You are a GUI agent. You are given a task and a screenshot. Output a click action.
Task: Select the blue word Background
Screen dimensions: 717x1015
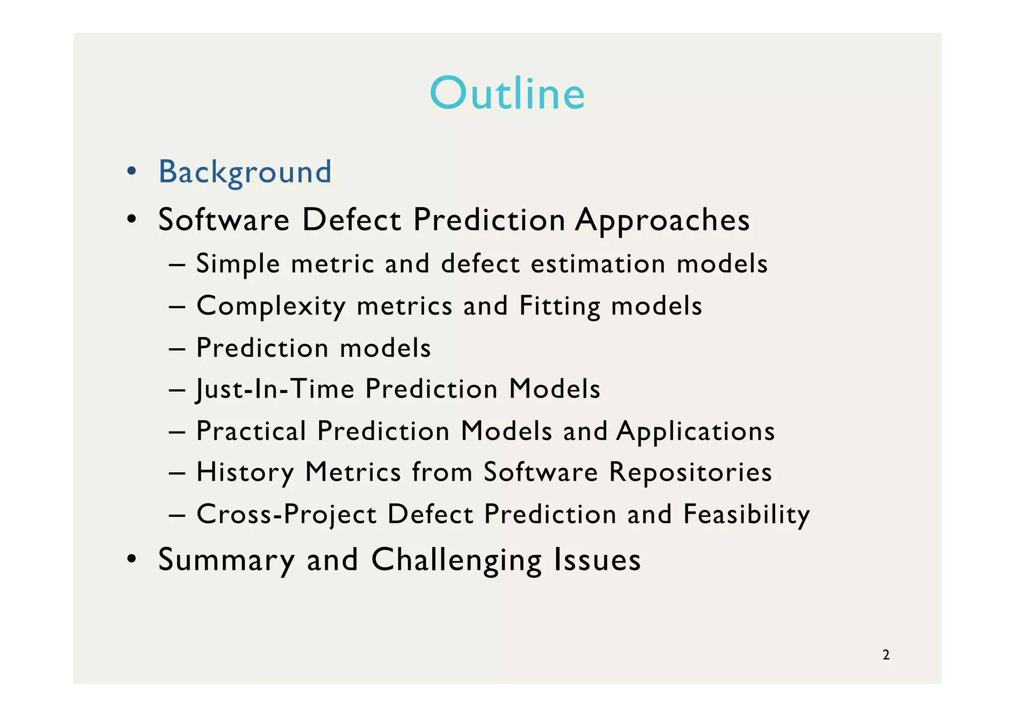[245, 172]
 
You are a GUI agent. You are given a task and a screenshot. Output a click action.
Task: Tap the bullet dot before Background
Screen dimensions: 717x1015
[131, 171]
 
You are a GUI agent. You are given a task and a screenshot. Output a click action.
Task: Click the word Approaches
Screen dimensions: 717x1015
[662, 220]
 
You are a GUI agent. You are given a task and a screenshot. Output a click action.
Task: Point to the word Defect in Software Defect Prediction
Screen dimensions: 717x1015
[351, 220]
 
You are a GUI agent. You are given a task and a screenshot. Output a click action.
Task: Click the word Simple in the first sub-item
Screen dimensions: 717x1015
[238, 264]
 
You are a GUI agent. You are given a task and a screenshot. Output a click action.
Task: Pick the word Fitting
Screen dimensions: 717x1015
[560, 306]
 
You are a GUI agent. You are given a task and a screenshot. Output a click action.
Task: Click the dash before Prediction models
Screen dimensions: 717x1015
[177, 348]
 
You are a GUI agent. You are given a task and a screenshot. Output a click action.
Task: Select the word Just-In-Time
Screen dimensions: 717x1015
[276, 389]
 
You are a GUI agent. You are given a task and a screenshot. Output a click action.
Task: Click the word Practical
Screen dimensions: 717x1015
[251, 431]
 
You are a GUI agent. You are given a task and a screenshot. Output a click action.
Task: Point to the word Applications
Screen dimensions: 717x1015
[695, 431]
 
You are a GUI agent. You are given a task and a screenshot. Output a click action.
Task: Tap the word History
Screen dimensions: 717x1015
[245, 472]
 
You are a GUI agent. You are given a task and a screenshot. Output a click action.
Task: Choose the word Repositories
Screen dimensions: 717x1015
[690, 472]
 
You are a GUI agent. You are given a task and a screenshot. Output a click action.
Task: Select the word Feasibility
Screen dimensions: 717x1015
[746, 514]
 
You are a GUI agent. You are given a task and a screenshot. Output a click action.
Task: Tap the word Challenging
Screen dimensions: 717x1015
[456, 560]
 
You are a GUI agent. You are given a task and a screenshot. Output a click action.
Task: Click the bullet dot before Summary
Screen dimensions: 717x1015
[131, 559]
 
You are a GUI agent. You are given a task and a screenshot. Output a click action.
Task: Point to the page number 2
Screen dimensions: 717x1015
[886, 655]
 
